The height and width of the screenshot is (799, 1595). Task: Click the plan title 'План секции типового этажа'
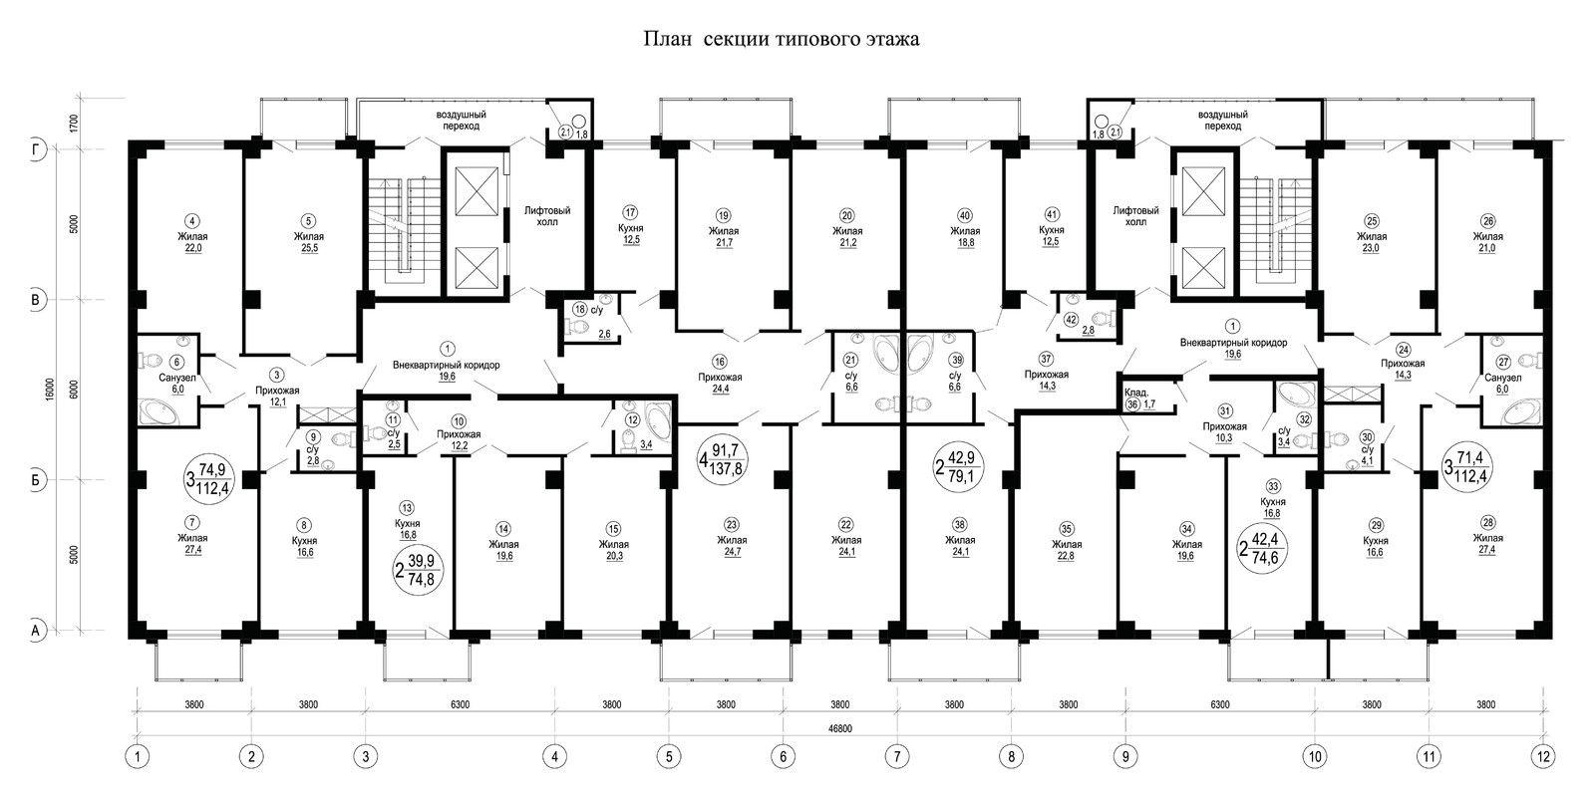pos(782,39)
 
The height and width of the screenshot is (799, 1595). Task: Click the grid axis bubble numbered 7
pos(897,756)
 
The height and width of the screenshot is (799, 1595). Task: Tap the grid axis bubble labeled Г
pos(38,149)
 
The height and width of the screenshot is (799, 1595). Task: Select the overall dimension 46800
pos(840,728)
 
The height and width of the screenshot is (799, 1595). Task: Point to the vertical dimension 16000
pos(49,389)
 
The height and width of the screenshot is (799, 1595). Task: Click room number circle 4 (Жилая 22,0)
pos(193,220)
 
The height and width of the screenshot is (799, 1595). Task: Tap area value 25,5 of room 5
pos(309,248)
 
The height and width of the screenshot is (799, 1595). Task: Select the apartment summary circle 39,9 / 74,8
pos(419,571)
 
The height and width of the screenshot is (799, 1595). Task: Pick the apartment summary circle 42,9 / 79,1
pos(958,466)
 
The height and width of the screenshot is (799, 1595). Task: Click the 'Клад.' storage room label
pos(1135,393)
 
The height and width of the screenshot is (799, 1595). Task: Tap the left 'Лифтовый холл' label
pos(547,216)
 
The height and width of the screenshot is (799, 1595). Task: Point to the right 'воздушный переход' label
pos(1222,121)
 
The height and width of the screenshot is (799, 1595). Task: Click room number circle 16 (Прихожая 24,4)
pos(720,363)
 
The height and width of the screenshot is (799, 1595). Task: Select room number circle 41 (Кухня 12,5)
pos(1051,214)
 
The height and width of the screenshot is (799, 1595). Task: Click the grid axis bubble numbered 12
pos(1543,756)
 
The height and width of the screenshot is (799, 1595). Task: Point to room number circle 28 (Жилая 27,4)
pos(1487,522)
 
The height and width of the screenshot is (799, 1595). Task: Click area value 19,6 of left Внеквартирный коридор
pos(447,378)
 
